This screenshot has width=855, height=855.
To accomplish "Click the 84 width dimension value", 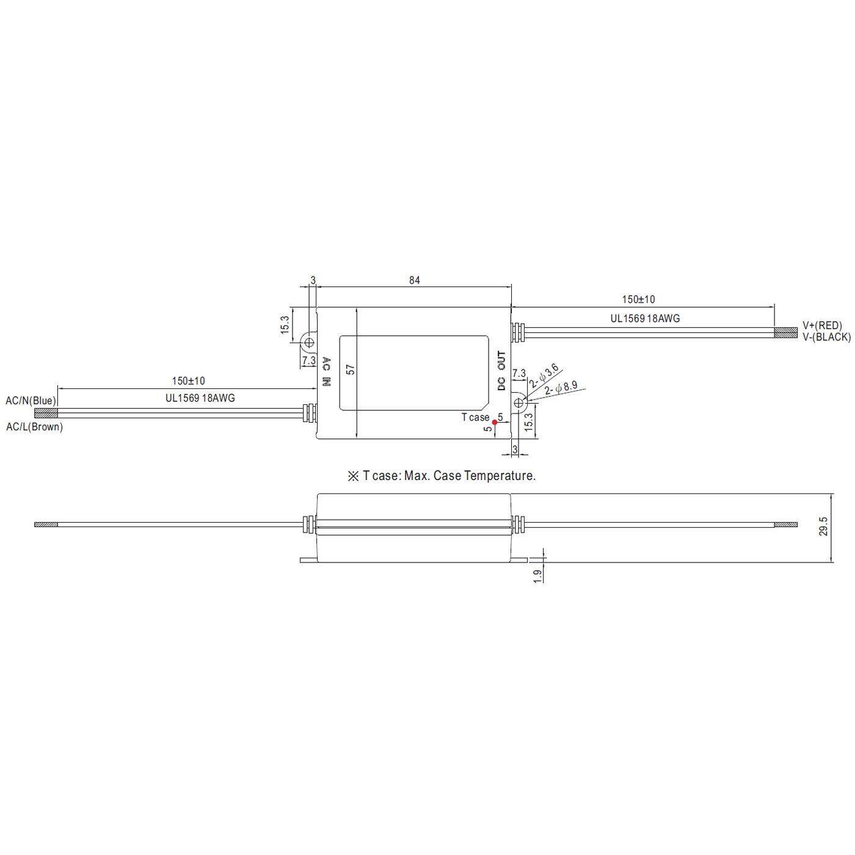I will click(414, 280).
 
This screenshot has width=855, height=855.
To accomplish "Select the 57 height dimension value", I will click(350, 369).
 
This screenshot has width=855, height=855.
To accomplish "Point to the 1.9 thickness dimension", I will click(537, 575).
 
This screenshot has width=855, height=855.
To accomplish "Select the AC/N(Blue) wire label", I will click(31, 401).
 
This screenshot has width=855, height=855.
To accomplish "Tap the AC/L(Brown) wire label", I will click(34, 427).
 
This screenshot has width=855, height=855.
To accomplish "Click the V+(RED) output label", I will click(822, 326).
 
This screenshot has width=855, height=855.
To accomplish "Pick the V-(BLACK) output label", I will click(826, 337).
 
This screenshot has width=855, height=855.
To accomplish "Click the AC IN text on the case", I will click(326, 372).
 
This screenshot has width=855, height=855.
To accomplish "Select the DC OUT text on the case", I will click(501, 371).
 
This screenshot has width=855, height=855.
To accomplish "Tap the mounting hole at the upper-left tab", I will click(309, 341).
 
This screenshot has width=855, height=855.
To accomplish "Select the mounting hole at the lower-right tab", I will click(520, 402).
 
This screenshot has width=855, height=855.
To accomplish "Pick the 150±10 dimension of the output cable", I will click(638, 299).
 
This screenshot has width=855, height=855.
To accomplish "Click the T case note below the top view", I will click(441, 476).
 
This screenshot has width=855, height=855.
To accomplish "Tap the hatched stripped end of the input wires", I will click(46, 413).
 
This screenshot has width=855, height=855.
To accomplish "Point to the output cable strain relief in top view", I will click(517, 332).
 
